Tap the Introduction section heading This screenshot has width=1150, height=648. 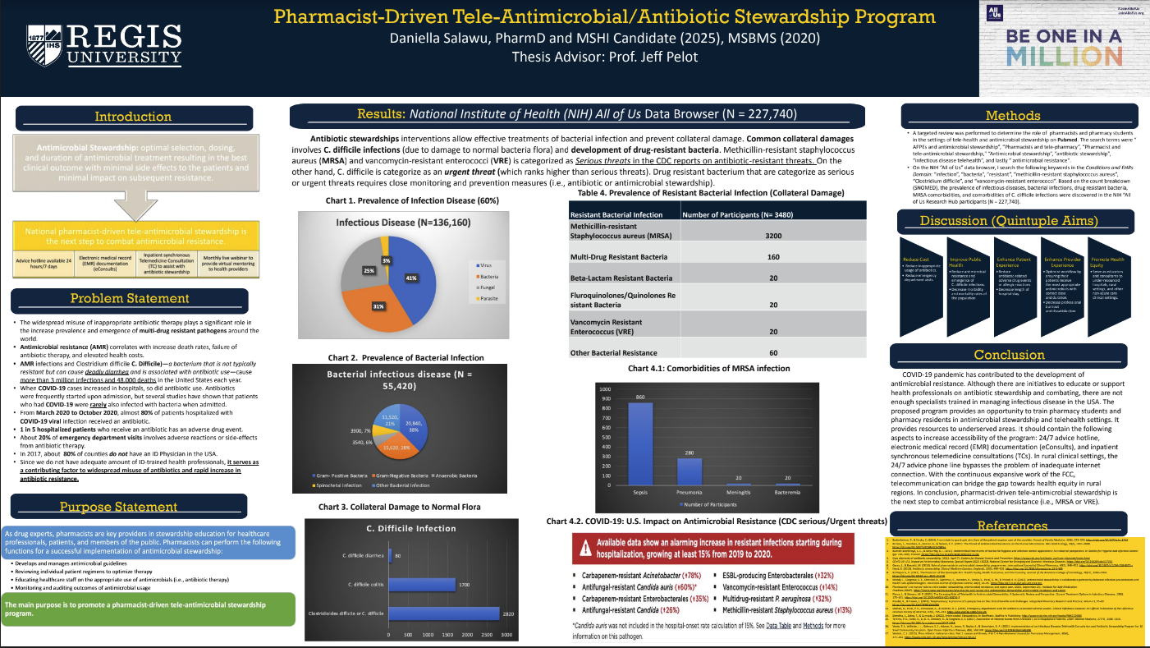[133, 117]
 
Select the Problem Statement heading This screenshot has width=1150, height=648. [133, 298]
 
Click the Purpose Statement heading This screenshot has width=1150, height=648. [133, 506]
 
